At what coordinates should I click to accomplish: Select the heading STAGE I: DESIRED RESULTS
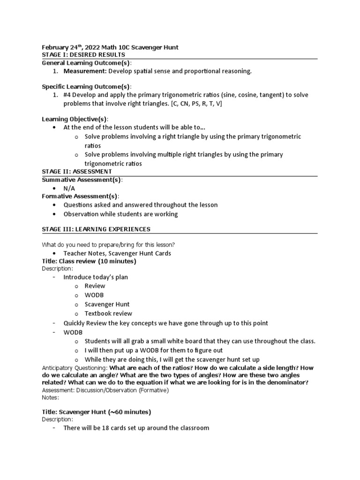tap(83, 55)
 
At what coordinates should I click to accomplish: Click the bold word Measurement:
tap(85, 71)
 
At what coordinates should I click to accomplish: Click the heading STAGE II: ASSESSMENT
tap(77, 172)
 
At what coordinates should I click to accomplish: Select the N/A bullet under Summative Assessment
tap(69, 188)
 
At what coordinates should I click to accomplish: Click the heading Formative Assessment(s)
tap(80, 196)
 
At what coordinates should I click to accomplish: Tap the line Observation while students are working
tap(121, 214)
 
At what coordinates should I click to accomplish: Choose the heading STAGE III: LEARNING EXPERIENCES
tap(96, 229)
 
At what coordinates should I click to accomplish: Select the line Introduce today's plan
tap(96, 277)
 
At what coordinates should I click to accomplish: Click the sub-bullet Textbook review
tap(108, 314)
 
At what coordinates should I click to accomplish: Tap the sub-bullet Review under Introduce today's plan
tap(95, 286)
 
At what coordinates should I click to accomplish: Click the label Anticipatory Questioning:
tap(75, 368)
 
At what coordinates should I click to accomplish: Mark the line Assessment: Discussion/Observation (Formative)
tap(105, 390)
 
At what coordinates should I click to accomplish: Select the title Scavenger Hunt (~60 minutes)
tap(96, 412)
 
